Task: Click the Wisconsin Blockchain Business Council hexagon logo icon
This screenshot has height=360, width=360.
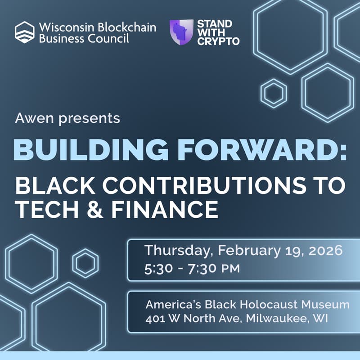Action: point(24,32)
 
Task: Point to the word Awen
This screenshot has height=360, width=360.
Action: point(31,118)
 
